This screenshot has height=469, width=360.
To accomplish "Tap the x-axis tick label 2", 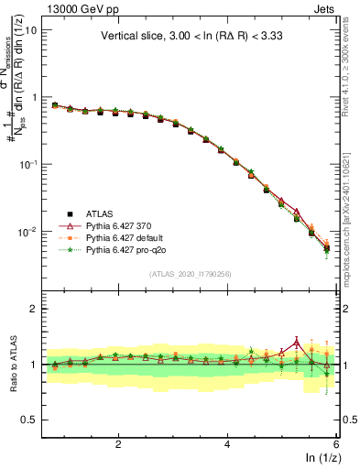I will pos(118,443).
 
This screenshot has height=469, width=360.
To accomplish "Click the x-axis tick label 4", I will pos(227,443).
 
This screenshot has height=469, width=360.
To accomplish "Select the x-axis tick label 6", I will pos(335,443).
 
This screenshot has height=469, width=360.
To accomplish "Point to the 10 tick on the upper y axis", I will pos(31,29).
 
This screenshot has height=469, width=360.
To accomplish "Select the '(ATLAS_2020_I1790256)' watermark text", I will pos(191,274).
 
